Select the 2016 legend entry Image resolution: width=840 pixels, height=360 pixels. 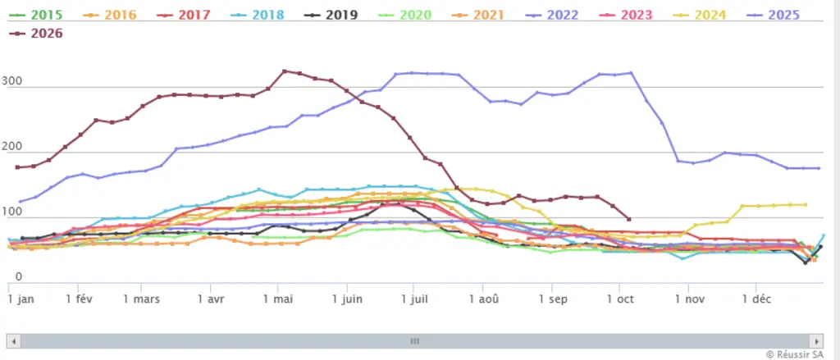[111, 15]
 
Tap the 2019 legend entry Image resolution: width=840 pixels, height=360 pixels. [331, 15]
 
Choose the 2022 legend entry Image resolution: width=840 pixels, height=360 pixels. [552, 15]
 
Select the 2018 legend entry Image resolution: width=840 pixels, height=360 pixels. [258, 15]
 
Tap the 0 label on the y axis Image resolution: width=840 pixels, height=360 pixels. [18, 277]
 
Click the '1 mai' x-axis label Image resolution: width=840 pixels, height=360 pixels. [278, 299]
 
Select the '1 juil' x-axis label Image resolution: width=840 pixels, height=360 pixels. [413, 299]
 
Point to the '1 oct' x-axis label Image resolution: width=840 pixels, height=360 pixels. [620, 299]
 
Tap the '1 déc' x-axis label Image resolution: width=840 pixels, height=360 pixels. [756, 299]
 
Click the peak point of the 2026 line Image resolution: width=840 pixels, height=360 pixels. [285, 71]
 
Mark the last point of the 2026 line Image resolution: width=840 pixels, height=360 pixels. [629, 219]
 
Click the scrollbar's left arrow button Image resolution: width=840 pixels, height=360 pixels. [14, 341]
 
